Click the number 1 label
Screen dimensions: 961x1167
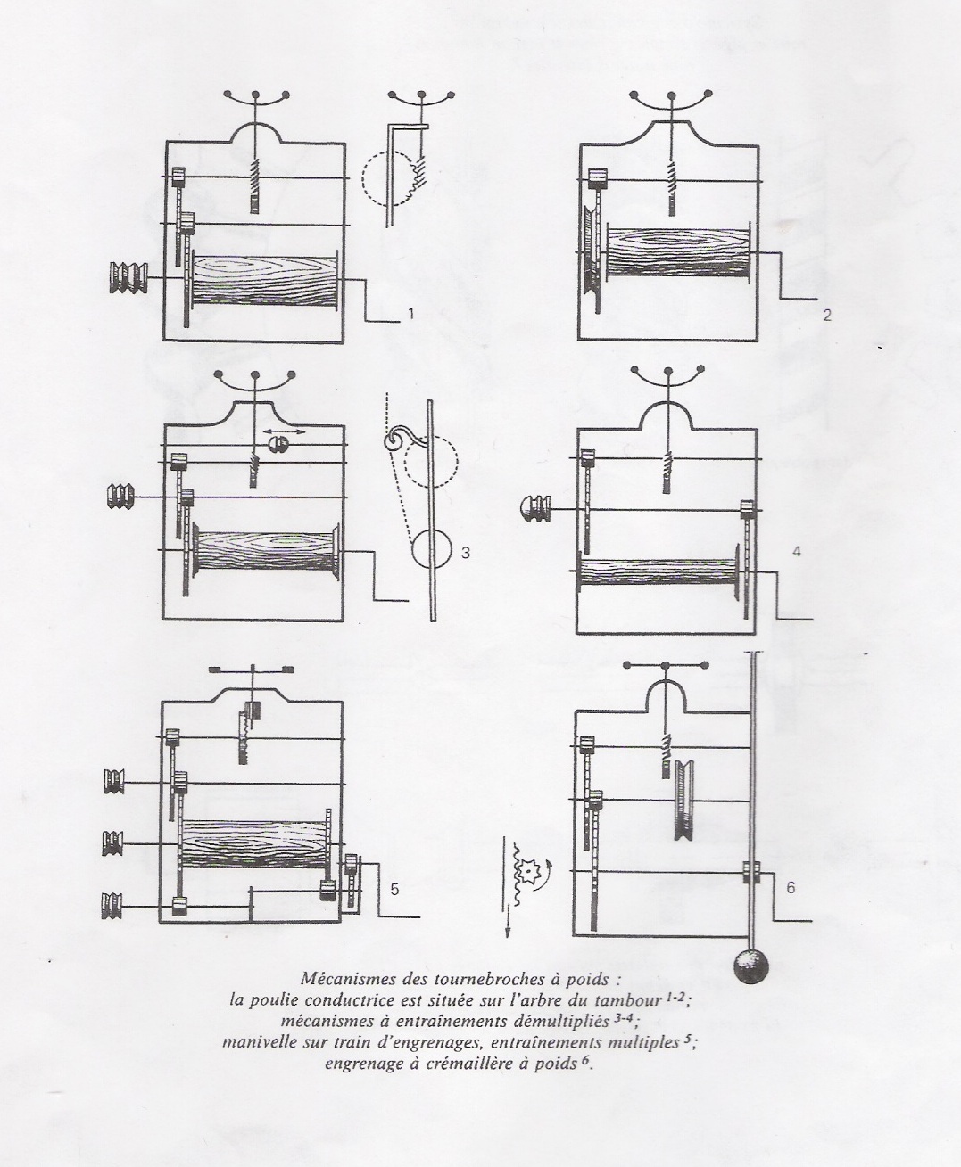point(410,313)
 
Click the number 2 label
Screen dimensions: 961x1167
point(827,315)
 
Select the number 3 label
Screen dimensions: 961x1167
point(465,553)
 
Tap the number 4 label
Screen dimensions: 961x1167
point(796,552)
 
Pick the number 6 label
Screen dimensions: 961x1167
point(790,887)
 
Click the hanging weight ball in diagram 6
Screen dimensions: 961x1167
point(752,968)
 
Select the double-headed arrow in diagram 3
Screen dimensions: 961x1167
point(278,431)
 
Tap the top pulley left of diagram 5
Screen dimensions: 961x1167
point(113,782)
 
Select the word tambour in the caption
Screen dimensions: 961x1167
point(629,1000)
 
